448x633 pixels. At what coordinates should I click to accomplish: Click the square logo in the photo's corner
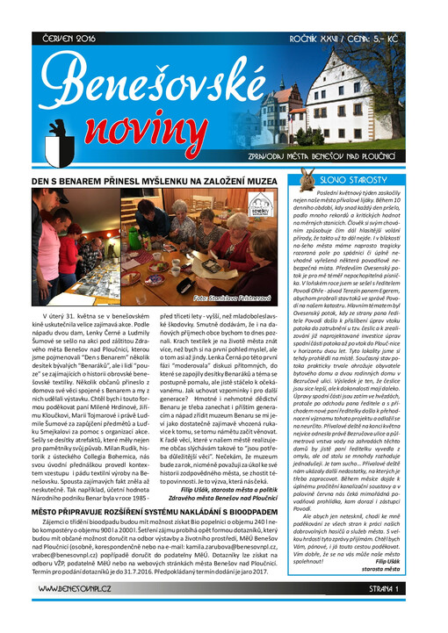coord(260,212)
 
